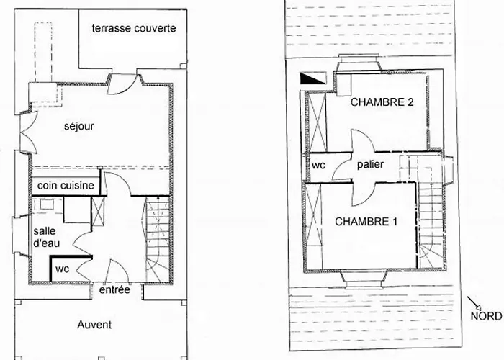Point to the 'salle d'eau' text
pyautogui.click(x=47, y=237)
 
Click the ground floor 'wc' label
pyautogui.click(x=62, y=269)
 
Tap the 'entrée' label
pyautogui.click(x=114, y=290)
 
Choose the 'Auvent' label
pyautogui.click(x=94, y=325)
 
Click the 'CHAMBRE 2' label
pyautogui.click(x=382, y=102)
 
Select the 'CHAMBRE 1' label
pyautogui.click(x=366, y=222)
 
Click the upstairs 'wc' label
pyautogui.click(x=318, y=164)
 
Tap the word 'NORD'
pyautogui.click(x=486, y=315)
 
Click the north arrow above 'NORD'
pyautogui.click(x=472, y=302)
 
